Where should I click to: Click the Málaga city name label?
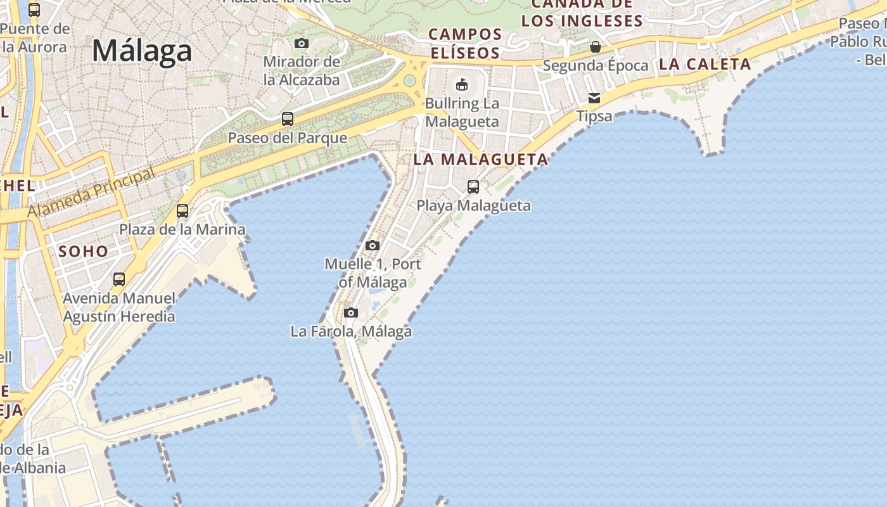coord(142,51)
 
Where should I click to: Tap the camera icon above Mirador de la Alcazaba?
coord(302,43)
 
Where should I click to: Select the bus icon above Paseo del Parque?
coord(288,119)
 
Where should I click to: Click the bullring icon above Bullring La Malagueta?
coord(462,84)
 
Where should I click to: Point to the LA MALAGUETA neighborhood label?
coord(480,159)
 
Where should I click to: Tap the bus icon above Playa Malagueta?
coord(473,186)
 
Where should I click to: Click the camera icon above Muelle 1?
coord(373,245)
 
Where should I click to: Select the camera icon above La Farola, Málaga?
coord(351,312)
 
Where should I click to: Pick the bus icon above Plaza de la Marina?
coord(182,210)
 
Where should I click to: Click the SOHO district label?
coord(84,252)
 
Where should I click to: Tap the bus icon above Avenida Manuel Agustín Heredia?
coord(119,279)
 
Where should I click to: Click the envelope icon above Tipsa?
coord(594,98)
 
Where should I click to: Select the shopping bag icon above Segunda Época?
coord(596,47)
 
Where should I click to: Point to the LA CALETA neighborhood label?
coord(705,64)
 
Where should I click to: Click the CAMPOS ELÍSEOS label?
coord(466,43)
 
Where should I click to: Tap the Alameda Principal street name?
coord(91,193)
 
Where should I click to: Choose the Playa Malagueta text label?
coord(473,205)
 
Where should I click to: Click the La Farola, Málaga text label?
coord(351,331)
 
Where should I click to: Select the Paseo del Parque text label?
coord(288,138)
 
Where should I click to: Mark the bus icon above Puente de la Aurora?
coord(34,10)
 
